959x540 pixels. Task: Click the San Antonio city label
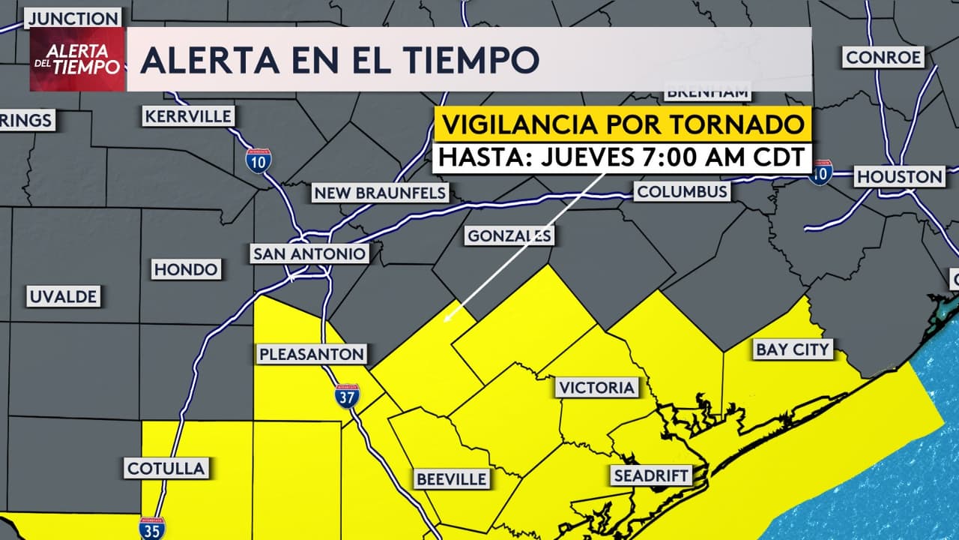pyautogui.click(x=309, y=254)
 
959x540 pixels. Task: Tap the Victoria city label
pyautogui.click(x=596, y=388)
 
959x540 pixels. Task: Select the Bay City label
pyautogui.click(x=793, y=349)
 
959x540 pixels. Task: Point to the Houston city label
pyautogui.click(x=899, y=177)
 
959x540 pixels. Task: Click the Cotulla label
pyautogui.click(x=166, y=469)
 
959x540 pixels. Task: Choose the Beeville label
pyautogui.click(x=452, y=478)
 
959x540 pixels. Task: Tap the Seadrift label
pyautogui.click(x=650, y=475)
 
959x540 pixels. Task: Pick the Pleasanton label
pyautogui.click(x=312, y=354)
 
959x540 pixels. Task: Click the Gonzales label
pyautogui.click(x=509, y=236)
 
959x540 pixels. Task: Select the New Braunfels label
pyautogui.click(x=381, y=193)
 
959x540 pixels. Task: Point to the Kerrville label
pyautogui.click(x=188, y=116)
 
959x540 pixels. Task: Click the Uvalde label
pyautogui.click(x=64, y=297)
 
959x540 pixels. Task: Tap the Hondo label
pyautogui.click(x=186, y=269)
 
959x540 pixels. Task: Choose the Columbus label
pyautogui.click(x=682, y=191)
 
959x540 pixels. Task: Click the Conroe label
pyautogui.click(x=883, y=57)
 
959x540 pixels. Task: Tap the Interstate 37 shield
pyautogui.click(x=347, y=396)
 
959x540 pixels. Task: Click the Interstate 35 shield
pyautogui.click(x=152, y=528)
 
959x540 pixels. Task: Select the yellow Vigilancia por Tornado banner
pyautogui.click(x=623, y=124)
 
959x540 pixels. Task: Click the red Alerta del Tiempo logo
pyautogui.click(x=77, y=59)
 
